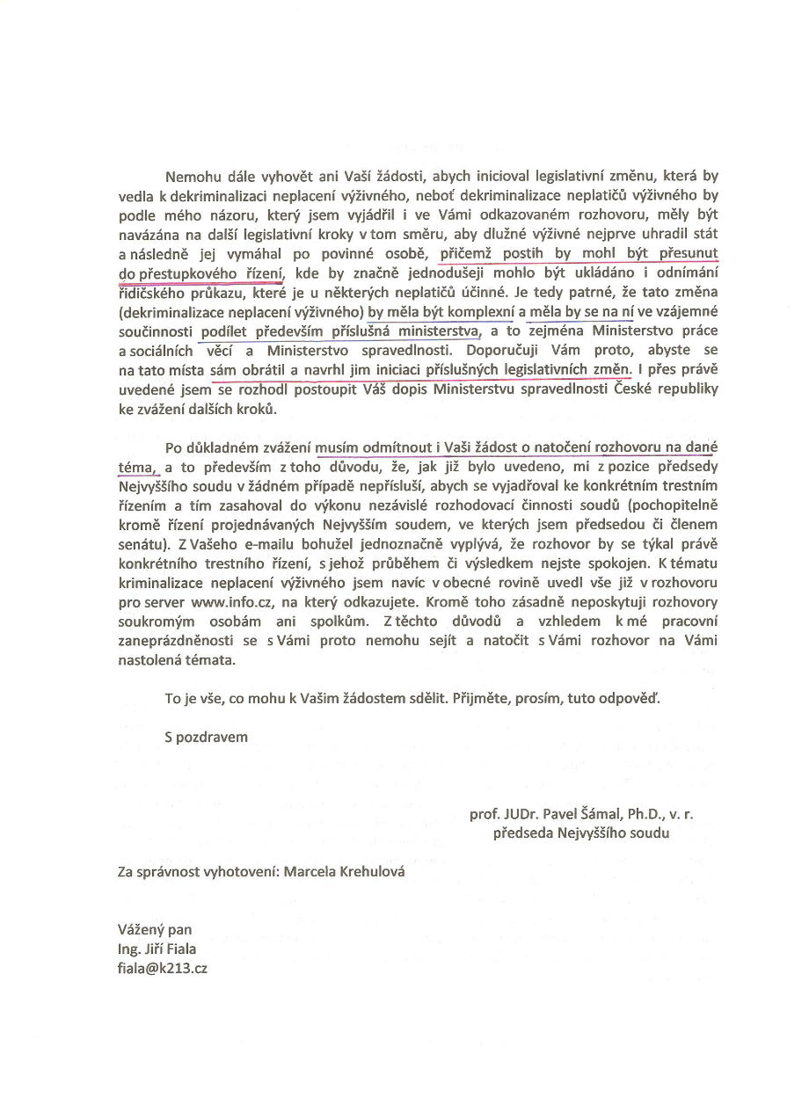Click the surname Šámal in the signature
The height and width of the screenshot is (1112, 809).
[x=579, y=815]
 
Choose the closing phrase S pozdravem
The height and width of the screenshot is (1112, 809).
[x=206, y=738]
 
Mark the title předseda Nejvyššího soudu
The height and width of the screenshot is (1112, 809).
[x=580, y=833]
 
